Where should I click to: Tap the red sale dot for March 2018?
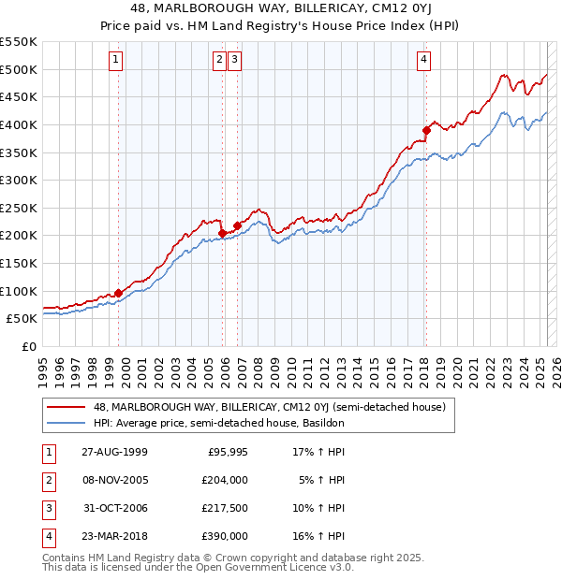pyautogui.click(x=426, y=130)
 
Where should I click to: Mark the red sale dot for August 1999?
pyautogui.click(x=119, y=293)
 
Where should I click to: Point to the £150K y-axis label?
pyautogui.click(x=19, y=263)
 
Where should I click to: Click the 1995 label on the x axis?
pyautogui.click(x=43, y=363)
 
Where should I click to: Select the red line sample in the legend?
pyautogui.click(x=66, y=407)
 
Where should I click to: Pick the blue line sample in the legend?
pyautogui.click(x=66, y=423)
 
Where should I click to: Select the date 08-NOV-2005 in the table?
pyautogui.click(x=114, y=480)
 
